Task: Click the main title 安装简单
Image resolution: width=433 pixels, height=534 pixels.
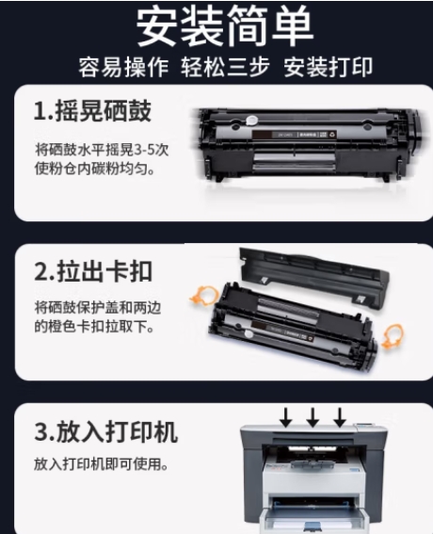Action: [225, 26]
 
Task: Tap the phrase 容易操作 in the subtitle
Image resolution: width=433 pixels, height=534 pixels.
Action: [123, 67]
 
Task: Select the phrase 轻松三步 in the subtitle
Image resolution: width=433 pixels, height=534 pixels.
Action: [225, 67]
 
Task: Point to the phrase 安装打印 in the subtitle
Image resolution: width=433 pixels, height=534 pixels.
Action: [329, 67]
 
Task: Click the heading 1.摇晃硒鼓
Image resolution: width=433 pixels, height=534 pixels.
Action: [92, 111]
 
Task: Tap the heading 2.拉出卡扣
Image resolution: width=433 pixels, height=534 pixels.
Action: [93, 271]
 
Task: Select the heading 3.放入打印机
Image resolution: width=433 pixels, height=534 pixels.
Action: [105, 431]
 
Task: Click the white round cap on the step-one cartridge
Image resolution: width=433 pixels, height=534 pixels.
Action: [251, 121]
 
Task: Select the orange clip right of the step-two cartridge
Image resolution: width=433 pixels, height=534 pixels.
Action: [392, 336]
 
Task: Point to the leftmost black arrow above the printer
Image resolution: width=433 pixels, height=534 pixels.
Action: [286, 417]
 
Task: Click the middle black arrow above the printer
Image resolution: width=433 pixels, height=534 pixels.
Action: [313, 417]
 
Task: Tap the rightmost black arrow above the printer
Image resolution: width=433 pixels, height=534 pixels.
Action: [340, 417]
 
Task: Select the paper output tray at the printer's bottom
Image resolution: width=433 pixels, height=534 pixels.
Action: [313, 517]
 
